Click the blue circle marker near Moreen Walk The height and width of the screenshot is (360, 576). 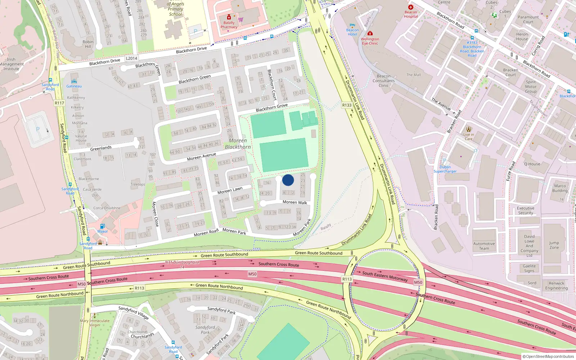[288, 180]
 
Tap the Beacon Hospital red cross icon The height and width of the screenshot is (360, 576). [410, 7]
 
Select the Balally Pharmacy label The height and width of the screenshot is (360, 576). [229, 25]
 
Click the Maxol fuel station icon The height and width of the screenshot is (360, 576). [102, 226]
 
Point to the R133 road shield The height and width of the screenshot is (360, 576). [347, 105]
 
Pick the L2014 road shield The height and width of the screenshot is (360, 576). [131, 58]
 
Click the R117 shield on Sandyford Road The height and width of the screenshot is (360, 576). [59, 103]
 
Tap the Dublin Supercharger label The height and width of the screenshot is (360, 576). [445, 169]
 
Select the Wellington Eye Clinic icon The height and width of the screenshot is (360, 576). [370, 33]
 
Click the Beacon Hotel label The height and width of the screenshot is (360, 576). [352, 32]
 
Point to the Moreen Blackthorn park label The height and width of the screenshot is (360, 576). [238, 144]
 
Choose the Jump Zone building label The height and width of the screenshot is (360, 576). [554, 245]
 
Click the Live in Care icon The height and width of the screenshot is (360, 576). [468, 129]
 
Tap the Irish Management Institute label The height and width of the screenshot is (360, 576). [12, 64]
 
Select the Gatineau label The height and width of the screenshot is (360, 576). [74, 86]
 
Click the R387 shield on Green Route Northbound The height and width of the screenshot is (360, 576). [139, 288]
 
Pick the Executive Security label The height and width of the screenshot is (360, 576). [526, 211]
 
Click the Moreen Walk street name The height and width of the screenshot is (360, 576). [295, 202]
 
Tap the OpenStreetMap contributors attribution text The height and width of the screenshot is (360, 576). [548, 356]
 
